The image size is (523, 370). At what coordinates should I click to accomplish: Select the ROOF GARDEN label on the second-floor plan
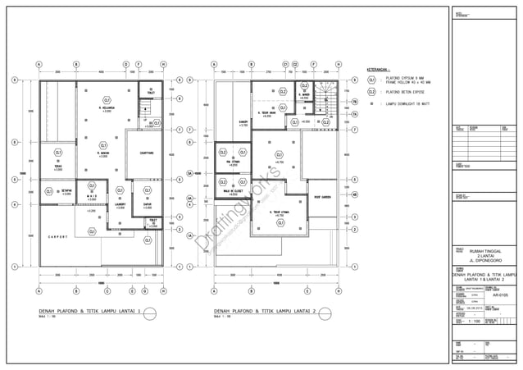point(320,197)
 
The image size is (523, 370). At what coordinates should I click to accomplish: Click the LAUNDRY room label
point(121,205)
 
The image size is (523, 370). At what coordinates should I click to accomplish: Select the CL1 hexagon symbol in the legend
point(371,80)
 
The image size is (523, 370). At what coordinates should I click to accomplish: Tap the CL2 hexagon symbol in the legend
point(371,93)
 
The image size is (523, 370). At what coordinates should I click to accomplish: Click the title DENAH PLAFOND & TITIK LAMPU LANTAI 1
point(90,312)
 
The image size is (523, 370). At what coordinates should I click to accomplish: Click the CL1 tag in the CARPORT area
point(148,240)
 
